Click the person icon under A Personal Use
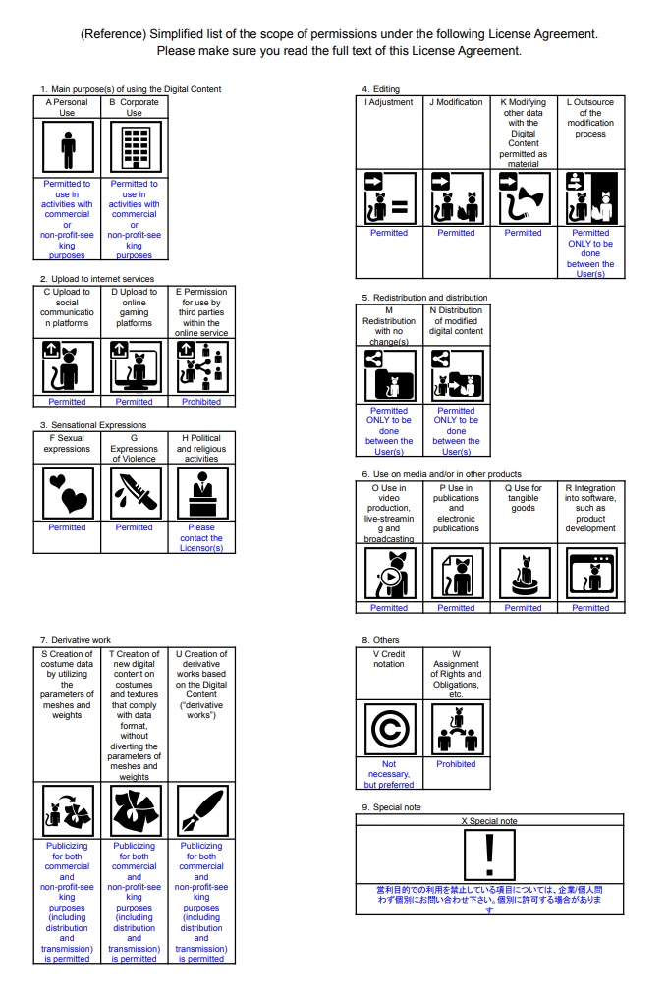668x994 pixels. point(67,147)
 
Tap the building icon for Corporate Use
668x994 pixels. point(134,147)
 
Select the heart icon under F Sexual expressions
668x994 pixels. point(67,492)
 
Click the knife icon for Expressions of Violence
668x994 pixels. point(134,492)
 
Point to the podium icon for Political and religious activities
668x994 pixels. point(201,492)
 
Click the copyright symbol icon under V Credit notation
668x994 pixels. point(389,729)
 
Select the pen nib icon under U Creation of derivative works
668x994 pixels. point(201,810)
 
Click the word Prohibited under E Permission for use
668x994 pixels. point(201,402)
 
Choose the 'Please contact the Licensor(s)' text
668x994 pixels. point(201,538)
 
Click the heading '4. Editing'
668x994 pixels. point(381,89)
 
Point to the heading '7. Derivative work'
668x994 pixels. point(76,640)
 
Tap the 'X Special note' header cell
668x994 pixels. point(488,820)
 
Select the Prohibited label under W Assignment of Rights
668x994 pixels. point(456,764)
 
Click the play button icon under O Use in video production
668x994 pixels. point(390,577)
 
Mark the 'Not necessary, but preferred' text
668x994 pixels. point(389,774)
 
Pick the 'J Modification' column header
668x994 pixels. point(456,102)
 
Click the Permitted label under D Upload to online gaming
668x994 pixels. point(134,402)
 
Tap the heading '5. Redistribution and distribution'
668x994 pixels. point(424,297)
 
